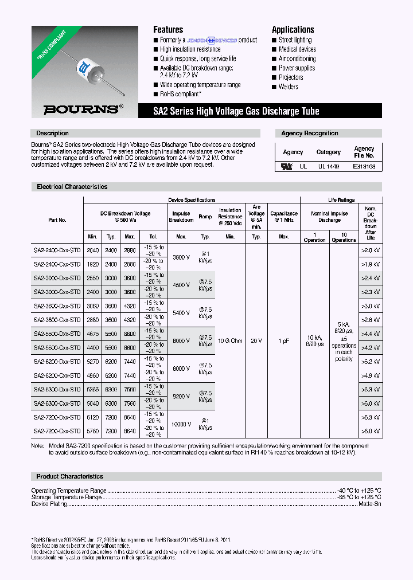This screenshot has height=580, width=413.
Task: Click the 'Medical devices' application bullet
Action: pyautogui.click(x=297, y=49)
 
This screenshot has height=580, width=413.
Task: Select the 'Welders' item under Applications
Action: pyautogui.click(x=289, y=87)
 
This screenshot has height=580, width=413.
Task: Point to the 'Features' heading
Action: pyautogui.click(x=168, y=29)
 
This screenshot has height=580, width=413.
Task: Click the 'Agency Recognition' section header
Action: pyautogui.click(x=310, y=133)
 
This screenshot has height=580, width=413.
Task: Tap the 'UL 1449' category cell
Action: pyautogui.click(x=328, y=166)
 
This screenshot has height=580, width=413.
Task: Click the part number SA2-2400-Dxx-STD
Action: pyautogui.click(x=57, y=250)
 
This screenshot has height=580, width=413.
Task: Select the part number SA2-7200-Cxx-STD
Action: pyautogui.click(x=57, y=431)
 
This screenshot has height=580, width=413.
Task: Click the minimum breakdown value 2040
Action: pyautogui.click(x=92, y=250)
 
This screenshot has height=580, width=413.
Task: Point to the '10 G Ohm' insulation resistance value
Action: pyautogui.click(x=230, y=340)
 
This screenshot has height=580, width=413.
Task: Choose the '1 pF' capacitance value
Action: pyautogui.click(x=283, y=340)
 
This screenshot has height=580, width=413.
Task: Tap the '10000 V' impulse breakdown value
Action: pyautogui.click(x=181, y=424)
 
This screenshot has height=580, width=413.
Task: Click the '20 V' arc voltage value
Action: pyautogui.click(x=256, y=340)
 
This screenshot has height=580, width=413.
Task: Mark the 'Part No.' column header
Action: pyautogui.click(x=57, y=220)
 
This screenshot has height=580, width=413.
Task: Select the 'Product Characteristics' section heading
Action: pyautogui.click(x=69, y=476)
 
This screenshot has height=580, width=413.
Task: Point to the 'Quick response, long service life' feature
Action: pyautogui.click(x=198, y=58)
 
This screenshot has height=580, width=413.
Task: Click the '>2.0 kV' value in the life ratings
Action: pyautogui.click(x=370, y=250)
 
